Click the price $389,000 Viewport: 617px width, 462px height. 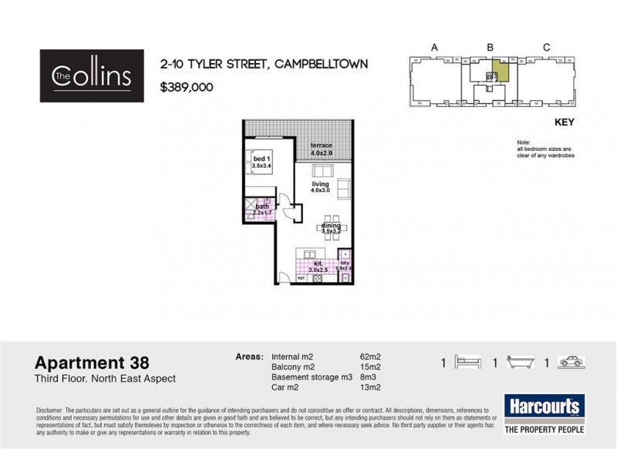coord(187,88)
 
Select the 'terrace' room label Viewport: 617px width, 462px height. coord(321,146)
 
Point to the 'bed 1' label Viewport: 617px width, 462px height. coord(262,159)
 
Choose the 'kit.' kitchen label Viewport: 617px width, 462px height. coord(318,263)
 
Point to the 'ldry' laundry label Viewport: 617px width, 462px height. coord(344,263)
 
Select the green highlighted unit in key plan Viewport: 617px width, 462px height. coord(501,72)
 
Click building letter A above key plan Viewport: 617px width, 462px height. coord(435,48)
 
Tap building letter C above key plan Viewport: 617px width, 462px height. coord(546,48)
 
